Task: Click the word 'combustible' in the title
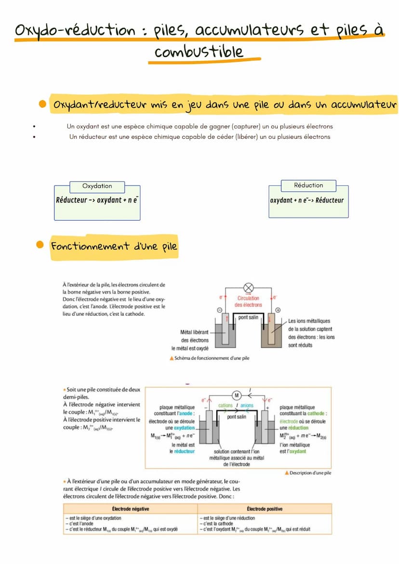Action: (x=199, y=52)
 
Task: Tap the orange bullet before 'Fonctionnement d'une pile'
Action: (x=40, y=245)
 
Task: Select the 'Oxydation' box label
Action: (x=97, y=186)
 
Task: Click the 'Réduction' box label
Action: (x=308, y=185)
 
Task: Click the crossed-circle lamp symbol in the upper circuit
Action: (x=249, y=288)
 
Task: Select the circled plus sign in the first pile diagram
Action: (x=278, y=310)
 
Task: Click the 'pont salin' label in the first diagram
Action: (x=249, y=318)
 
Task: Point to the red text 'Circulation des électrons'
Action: (x=249, y=302)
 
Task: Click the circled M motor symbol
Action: (x=237, y=395)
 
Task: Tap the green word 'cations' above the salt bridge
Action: (x=225, y=406)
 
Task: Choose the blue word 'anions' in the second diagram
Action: (x=247, y=406)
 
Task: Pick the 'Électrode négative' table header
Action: (x=130, y=509)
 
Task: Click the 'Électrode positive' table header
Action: (x=265, y=509)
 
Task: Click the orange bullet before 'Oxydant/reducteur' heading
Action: (x=42, y=104)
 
